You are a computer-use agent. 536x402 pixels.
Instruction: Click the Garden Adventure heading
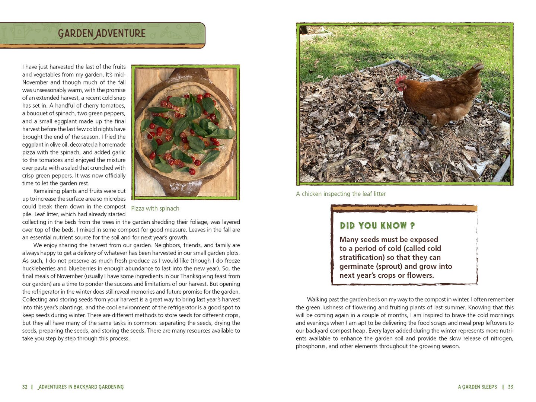tap(102, 33)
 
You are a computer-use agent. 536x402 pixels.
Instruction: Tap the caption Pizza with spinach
tap(155, 208)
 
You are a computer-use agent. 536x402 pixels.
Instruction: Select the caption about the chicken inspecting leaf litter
tap(341, 194)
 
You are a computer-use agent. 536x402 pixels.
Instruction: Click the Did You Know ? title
tap(377, 226)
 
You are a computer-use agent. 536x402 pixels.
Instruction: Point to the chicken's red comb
tap(401, 80)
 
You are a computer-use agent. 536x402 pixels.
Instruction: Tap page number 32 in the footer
tap(25, 387)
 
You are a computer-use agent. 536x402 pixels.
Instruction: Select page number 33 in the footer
tap(510, 387)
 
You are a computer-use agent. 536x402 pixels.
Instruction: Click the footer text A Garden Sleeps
tap(477, 387)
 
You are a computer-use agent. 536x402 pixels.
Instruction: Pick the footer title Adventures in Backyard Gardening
tap(81, 387)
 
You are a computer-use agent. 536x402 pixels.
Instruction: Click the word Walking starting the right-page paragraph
tap(317, 300)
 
